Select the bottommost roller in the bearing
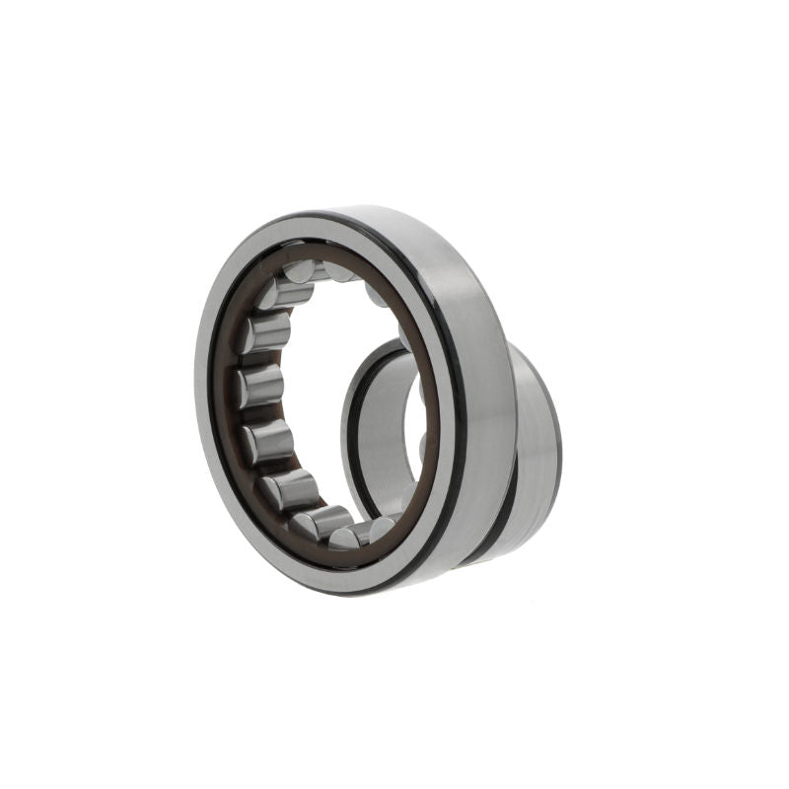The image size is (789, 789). click(x=347, y=538)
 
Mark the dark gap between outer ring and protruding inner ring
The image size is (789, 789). click(x=505, y=493)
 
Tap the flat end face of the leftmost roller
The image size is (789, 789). click(x=243, y=387)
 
